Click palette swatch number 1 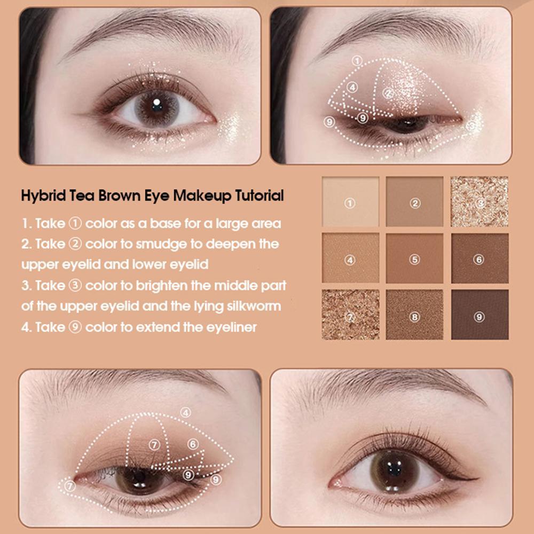pyautogui.click(x=350, y=202)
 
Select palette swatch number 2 pyautogui.click(x=415, y=202)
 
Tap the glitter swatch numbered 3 pyautogui.click(x=480, y=202)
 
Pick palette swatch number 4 pyautogui.click(x=350, y=258)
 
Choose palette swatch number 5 pyautogui.click(x=415, y=258)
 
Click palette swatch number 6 pyautogui.click(x=480, y=258)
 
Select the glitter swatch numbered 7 pyautogui.click(x=350, y=315)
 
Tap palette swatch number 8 pyautogui.click(x=415, y=315)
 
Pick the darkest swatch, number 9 pyautogui.click(x=480, y=315)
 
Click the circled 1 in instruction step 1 pyautogui.click(x=75, y=223)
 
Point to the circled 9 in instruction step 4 pyautogui.click(x=75, y=327)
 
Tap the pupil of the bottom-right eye pyautogui.click(x=395, y=470)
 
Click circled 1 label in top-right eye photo pyautogui.click(x=357, y=61)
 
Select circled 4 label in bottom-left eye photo pyautogui.click(x=185, y=413)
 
